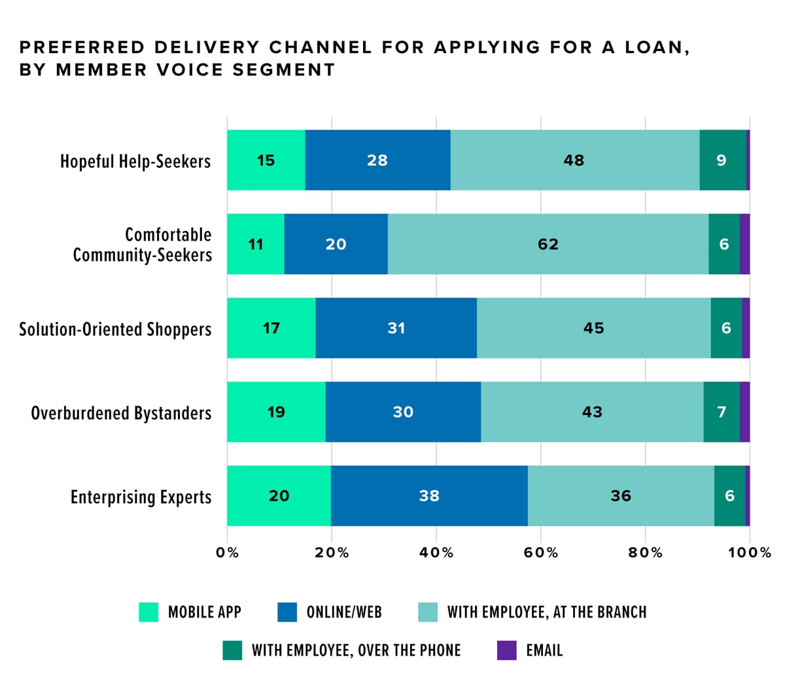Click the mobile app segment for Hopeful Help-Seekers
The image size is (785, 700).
click(x=266, y=160)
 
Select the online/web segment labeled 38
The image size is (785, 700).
click(x=429, y=496)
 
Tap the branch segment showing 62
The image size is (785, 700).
click(x=548, y=244)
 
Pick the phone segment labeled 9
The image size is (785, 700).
click(x=722, y=160)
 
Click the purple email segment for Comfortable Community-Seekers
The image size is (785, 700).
click(x=744, y=244)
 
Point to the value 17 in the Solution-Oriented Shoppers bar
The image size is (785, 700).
click(x=271, y=328)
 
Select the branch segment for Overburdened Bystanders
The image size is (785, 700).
click(x=592, y=412)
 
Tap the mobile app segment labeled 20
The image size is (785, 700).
click(x=279, y=496)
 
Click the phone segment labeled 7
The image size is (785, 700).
click(x=722, y=412)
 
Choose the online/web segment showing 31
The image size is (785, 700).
click(x=396, y=328)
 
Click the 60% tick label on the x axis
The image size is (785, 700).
click(x=540, y=553)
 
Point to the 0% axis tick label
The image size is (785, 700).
click(x=227, y=553)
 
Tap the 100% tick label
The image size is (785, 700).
click(x=750, y=553)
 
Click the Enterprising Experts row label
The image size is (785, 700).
click(x=141, y=497)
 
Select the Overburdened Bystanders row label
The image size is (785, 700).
click(x=121, y=413)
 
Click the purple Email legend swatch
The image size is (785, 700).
click(x=507, y=650)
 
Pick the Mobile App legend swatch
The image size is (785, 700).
click(x=148, y=612)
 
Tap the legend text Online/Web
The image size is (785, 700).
click(x=344, y=612)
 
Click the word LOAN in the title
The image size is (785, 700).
click(x=654, y=48)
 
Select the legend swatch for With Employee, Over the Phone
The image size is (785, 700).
click(x=232, y=650)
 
